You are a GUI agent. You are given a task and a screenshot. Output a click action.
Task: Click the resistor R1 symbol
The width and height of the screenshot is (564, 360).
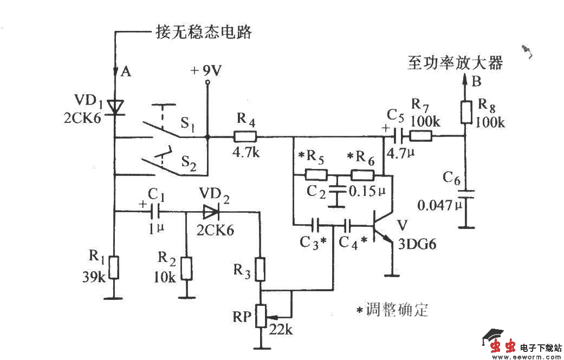(114, 267)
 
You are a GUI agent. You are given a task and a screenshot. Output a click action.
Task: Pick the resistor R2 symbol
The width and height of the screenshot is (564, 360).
(186, 267)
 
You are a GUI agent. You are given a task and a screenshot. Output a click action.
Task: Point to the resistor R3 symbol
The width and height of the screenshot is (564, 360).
(261, 269)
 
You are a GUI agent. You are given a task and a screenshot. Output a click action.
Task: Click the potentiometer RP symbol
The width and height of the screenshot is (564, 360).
(262, 316)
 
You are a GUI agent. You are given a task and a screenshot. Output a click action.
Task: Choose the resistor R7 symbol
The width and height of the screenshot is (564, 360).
(420, 136)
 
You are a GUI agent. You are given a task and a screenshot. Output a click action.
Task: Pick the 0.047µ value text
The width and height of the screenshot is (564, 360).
(437, 206)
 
